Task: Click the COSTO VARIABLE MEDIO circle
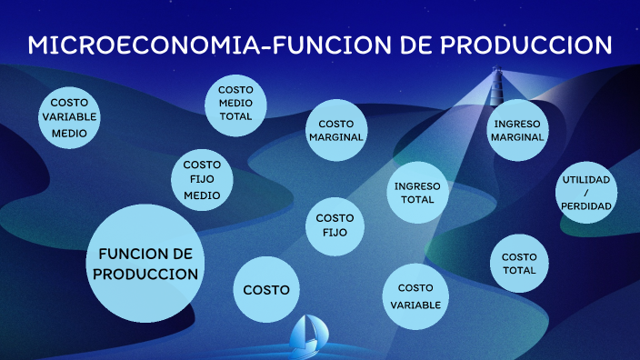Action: [x=69, y=118]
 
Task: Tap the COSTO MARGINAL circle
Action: [x=335, y=130]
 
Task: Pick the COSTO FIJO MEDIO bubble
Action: [x=202, y=179]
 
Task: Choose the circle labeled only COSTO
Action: [x=266, y=290]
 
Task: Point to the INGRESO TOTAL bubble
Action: [x=417, y=193]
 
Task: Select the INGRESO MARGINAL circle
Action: [x=517, y=130]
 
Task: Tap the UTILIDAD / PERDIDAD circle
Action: [x=586, y=193]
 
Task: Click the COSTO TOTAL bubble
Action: [x=519, y=264]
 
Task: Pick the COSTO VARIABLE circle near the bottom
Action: [x=415, y=296]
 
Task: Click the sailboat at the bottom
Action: [x=308, y=337]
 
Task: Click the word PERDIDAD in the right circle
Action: [x=586, y=206]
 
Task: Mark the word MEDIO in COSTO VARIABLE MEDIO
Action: [x=69, y=133]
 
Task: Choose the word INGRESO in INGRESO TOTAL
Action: [x=417, y=186]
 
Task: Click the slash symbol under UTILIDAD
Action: [x=586, y=193]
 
